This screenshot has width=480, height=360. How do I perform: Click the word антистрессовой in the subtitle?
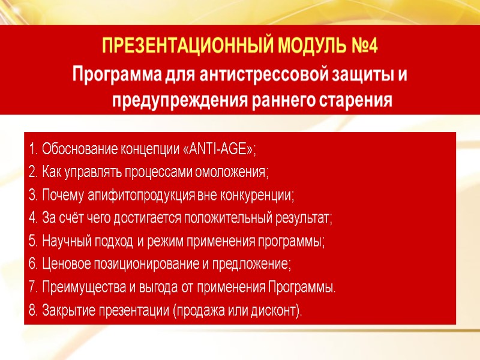click(x=261, y=76)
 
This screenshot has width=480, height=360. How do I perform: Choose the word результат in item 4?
click(x=303, y=218)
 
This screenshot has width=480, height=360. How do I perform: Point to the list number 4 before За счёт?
click(x=32, y=218)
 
